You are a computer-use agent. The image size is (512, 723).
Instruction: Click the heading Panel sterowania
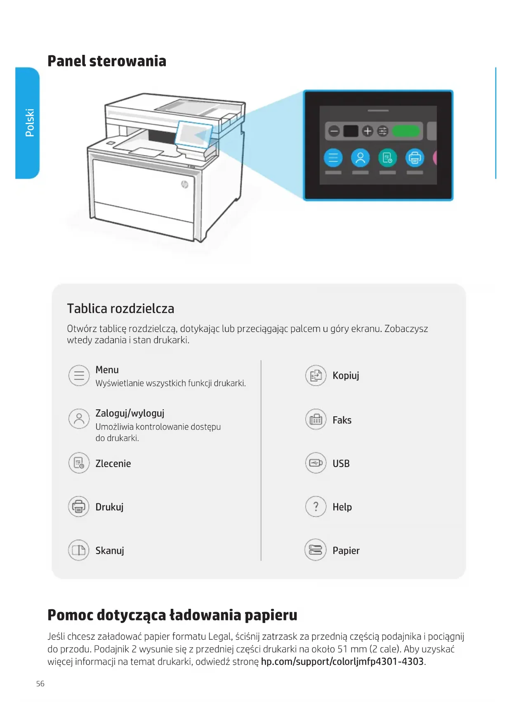[107, 61]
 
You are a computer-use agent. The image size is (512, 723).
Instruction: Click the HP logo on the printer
[184, 184]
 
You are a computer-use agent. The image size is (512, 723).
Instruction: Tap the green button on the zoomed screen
[406, 131]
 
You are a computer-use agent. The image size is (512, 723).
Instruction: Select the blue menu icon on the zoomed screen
[333, 157]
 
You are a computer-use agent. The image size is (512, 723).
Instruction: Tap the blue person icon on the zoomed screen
[360, 157]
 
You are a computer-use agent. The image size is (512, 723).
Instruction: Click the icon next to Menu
[79, 376]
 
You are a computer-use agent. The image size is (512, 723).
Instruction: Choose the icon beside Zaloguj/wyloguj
[79, 419]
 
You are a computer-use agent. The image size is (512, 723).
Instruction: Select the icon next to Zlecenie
[79, 463]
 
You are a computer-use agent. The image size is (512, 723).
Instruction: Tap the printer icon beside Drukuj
[79, 507]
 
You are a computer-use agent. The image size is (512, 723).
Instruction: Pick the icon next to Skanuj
[79, 550]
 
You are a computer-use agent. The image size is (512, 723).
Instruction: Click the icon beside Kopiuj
[316, 376]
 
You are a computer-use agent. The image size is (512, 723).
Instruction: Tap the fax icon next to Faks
[316, 420]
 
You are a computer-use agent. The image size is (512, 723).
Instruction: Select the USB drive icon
[316, 463]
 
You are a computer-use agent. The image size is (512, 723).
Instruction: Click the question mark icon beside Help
[316, 507]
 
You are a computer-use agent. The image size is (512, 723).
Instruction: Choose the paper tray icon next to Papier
[316, 550]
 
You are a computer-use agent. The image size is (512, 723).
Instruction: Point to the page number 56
[40, 684]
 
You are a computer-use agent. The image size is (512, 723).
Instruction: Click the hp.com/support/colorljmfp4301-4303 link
[342, 662]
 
